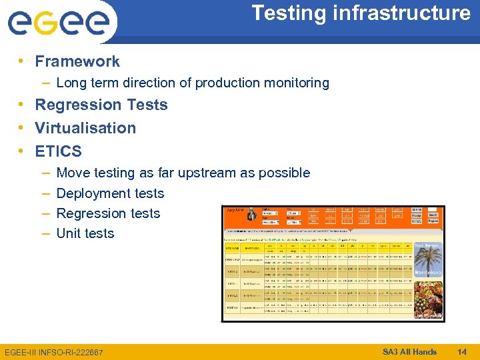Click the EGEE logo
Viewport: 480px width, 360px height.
pyautogui.click(x=58, y=23)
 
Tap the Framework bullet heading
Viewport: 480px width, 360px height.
pyautogui.click(x=77, y=61)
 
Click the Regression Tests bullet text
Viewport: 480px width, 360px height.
pyautogui.click(x=101, y=105)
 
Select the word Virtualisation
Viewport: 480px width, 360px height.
pyautogui.click(x=85, y=128)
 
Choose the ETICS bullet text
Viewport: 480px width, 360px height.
pyautogui.click(x=59, y=151)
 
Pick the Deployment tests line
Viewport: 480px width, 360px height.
pyautogui.click(x=110, y=193)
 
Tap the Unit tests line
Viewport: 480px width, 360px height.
pyautogui.click(x=85, y=233)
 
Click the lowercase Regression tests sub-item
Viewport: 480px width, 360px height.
pyautogui.click(x=108, y=213)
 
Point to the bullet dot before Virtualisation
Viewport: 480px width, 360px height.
pyautogui.click(x=22, y=128)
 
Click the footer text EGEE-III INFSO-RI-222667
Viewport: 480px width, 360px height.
pyautogui.click(x=54, y=352)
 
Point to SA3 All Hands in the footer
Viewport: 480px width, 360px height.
pyautogui.click(x=409, y=352)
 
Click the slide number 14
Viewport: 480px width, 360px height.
pyautogui.click(x=462, y=352)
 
